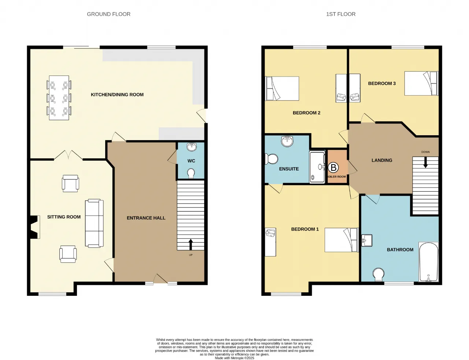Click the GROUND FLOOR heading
[108, 14]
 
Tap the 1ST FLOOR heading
[341, 14]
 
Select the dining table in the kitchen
[59, 98]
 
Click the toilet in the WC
[191, 173]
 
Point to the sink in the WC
[192, 147]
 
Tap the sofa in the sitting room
[94, 223]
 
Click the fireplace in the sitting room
[34, 227]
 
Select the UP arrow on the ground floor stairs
[191, 245]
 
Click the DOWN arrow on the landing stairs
[425, 162]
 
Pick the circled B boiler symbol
[333, 168]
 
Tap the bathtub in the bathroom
[428, 262]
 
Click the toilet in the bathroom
[378, 275]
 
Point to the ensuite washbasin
[287, 141]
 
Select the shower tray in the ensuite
[317, 167]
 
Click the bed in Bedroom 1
[341, 240]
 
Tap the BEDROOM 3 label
[382, 83]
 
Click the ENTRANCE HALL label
[146, 218]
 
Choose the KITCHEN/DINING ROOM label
[117, 95]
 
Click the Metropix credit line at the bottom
[234, 358]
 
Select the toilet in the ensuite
[271, 159]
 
